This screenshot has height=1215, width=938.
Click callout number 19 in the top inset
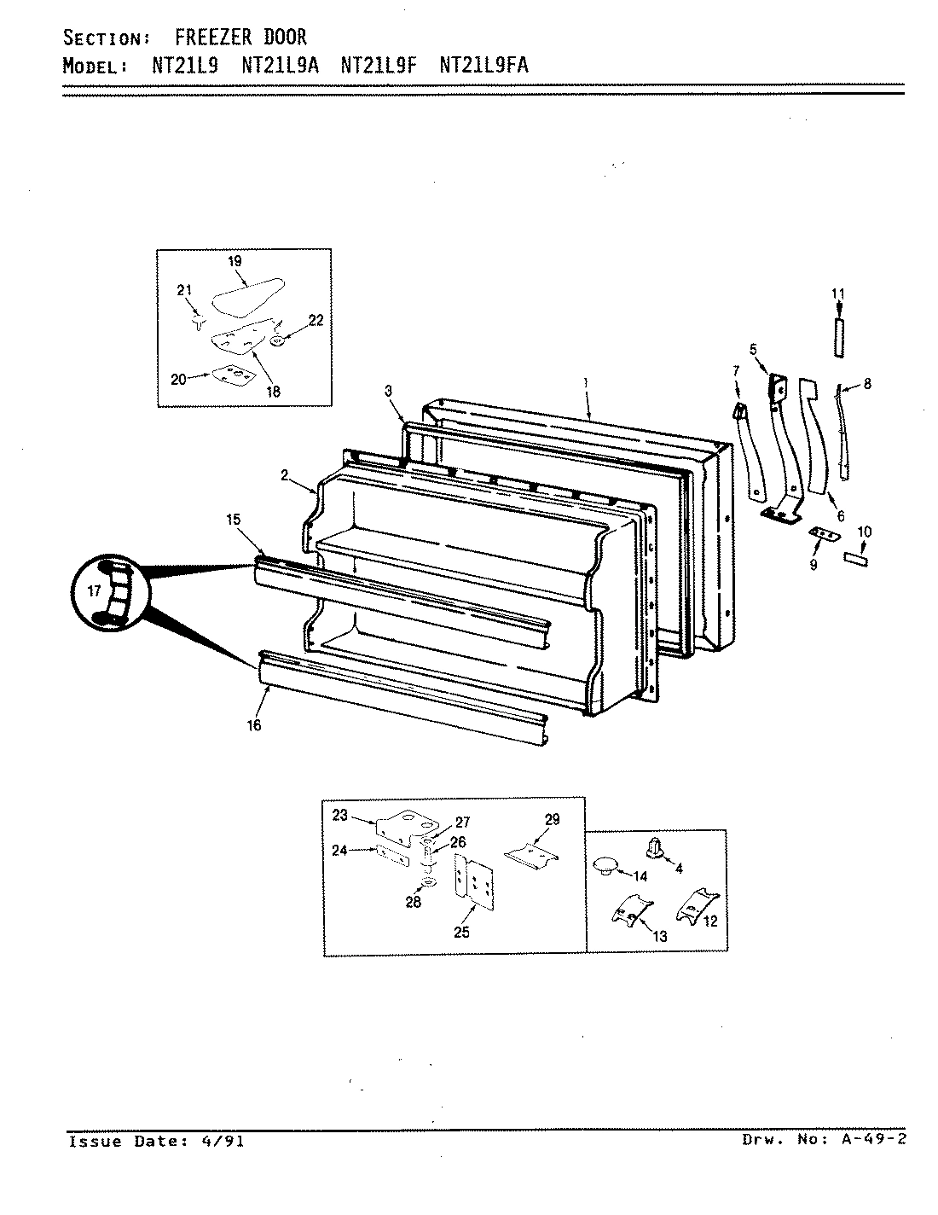234,260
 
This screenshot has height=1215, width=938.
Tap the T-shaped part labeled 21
199,322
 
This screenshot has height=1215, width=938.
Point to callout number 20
178,379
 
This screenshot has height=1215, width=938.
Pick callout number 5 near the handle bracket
753,348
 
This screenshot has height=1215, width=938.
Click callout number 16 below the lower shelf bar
254,725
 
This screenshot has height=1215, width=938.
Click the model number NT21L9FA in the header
483,66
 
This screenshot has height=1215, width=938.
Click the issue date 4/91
226,1141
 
